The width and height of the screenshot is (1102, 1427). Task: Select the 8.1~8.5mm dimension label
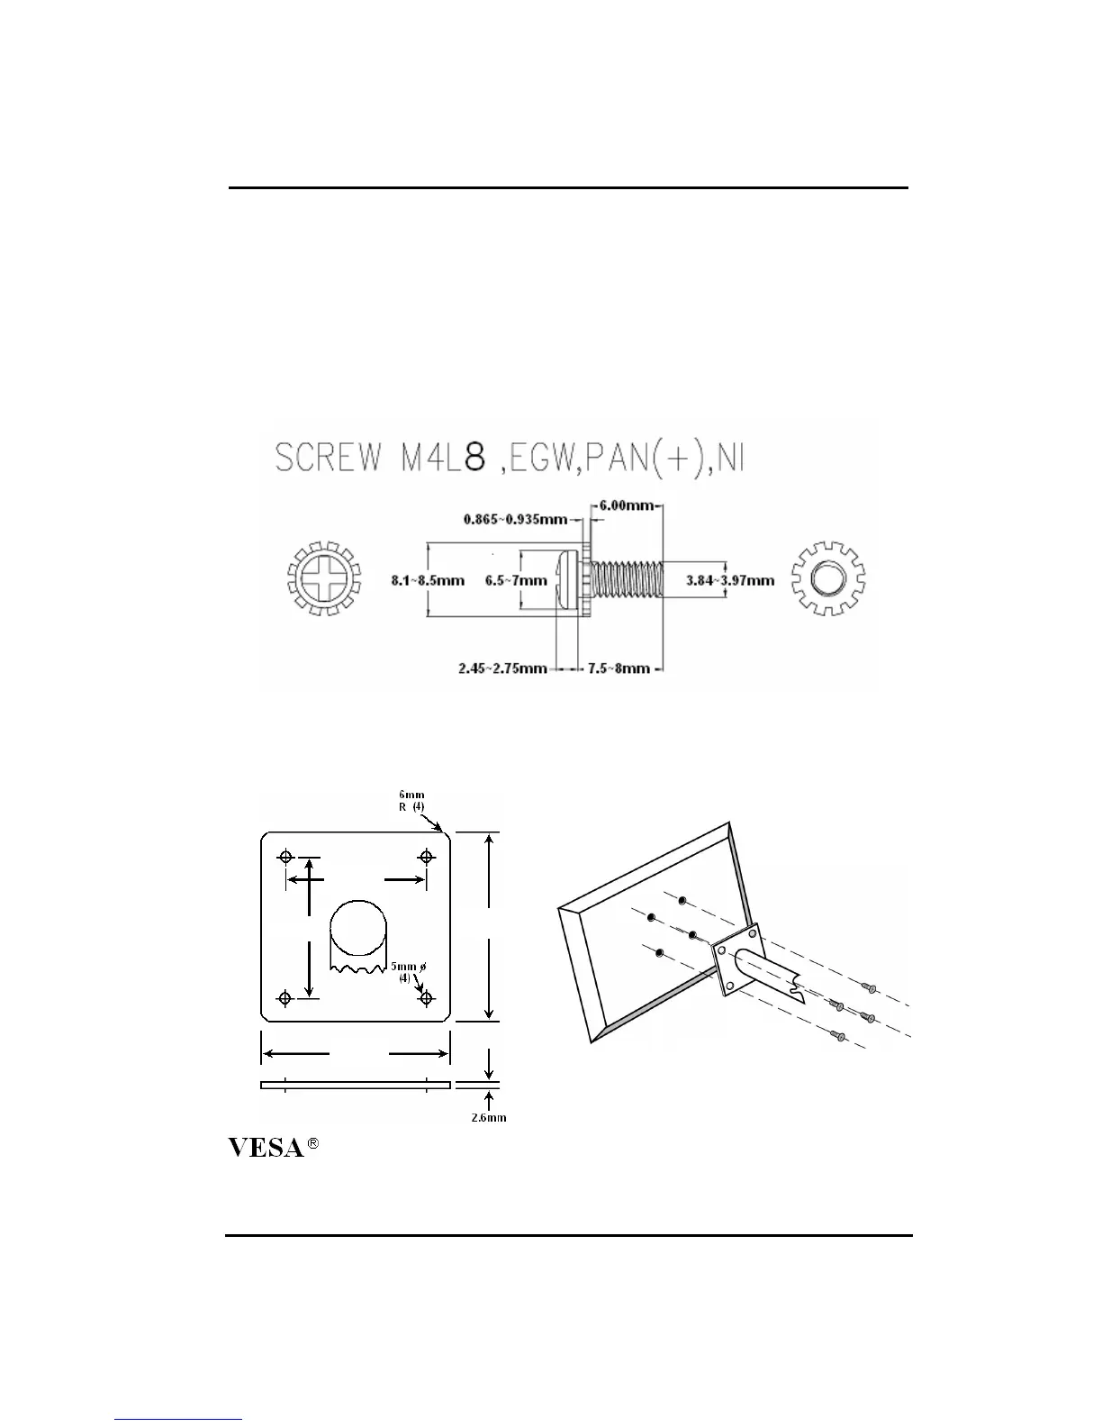[428, 580]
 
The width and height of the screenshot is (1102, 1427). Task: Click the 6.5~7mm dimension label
[516, 580]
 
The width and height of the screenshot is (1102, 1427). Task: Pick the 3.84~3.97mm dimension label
[730, 580]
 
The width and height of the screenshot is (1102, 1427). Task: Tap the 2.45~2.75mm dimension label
[502, 668]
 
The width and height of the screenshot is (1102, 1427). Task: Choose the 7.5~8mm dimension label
[619, 668]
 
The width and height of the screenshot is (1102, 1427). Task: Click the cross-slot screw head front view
[323, 578]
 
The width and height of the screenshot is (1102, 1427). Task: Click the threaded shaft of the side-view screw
[627, 578]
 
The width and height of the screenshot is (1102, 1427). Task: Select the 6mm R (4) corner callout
[411, 801]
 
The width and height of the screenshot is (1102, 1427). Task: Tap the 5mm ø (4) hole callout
[408, 971]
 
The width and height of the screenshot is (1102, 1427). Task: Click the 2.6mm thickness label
[489, 1118]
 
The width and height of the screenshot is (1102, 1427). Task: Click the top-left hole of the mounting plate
[286, 856]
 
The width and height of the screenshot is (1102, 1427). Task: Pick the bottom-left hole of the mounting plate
[286, 997]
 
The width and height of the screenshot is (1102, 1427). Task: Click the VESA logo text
[265, 1148]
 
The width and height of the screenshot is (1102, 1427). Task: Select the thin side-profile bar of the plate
[355, 1085]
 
